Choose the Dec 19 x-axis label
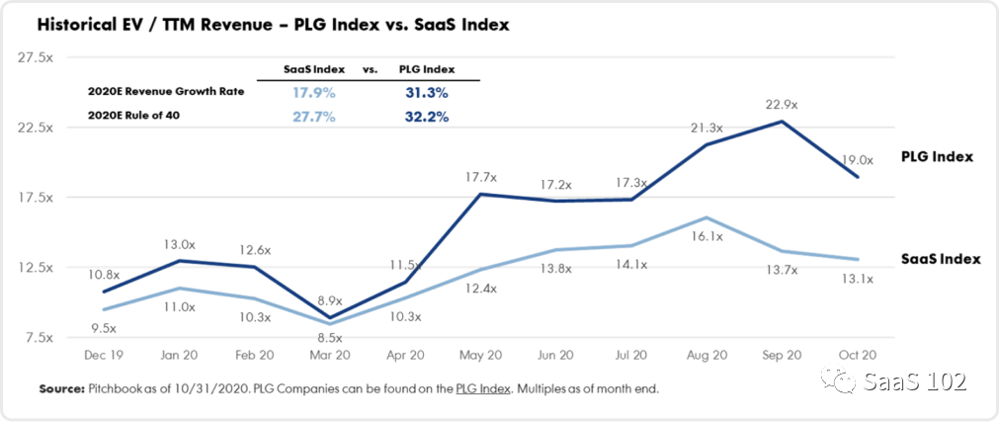tap(102, 354)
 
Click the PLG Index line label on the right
tap(937, 157)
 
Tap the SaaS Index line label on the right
tap(941, 259)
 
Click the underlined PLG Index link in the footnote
tap(482, 389)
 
